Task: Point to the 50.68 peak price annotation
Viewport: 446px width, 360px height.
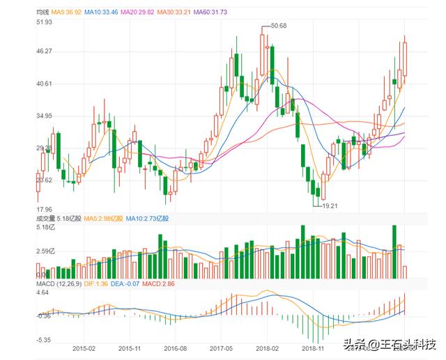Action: coord(279,26)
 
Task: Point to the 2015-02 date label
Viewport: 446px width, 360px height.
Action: coord(83,347)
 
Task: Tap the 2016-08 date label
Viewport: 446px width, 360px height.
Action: coord(175,347)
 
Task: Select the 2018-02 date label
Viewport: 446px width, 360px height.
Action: coord(267,347)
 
